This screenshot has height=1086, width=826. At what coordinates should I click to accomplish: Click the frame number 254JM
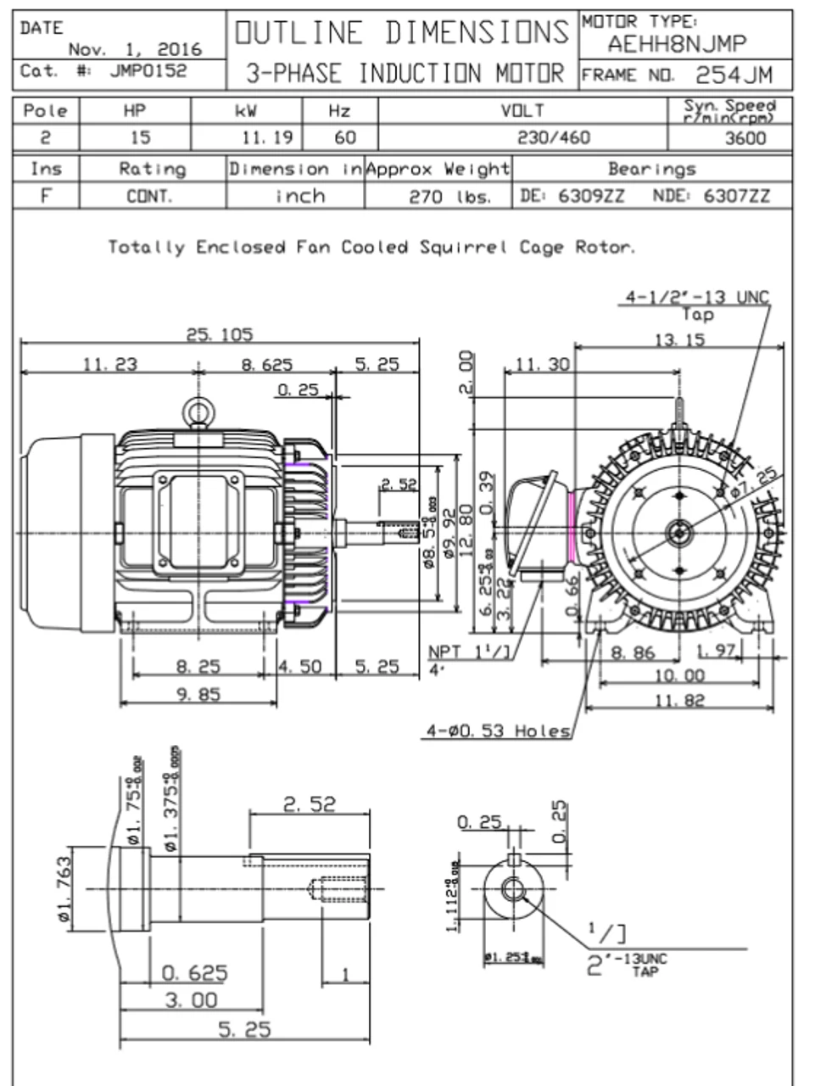[x=734, y=75]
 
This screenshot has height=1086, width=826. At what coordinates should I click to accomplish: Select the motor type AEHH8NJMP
[x=677, y=44]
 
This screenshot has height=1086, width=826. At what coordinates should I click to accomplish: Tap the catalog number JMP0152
[x=148, y=71]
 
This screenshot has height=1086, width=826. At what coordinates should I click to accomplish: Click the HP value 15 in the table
[x=140, y=137]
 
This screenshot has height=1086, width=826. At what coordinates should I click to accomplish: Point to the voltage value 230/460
[x=553, y=137]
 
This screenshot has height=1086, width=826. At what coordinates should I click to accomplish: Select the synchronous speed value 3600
[x=745, y=138]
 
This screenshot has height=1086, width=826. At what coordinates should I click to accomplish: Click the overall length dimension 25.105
[x=219, y=334]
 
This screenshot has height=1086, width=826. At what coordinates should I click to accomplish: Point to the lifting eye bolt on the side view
[x=198, y=413]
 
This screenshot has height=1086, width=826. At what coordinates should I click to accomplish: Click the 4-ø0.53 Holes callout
[x=497, y=731]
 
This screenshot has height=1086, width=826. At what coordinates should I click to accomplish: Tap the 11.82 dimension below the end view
[x=680, y=701]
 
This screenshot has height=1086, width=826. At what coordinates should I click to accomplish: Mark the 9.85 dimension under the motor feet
[x=198, y=694]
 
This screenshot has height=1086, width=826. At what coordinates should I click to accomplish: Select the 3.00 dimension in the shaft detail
[x=191, y=1000]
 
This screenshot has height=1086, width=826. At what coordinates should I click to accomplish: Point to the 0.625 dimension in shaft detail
[x=194, y=972]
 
